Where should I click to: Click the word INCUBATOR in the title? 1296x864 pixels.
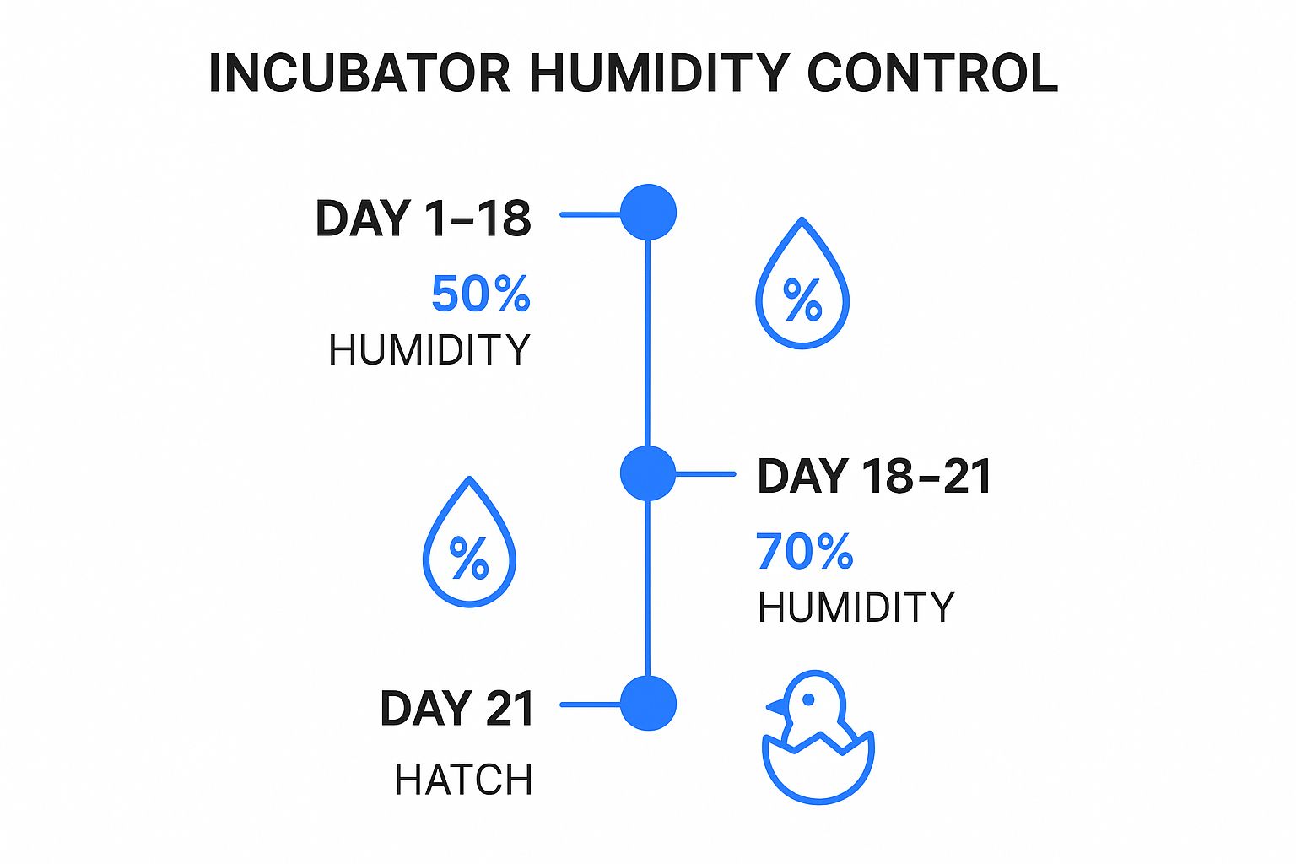pyautogui.click(x=359, y=73)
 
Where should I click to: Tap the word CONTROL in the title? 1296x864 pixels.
pyautogui.click(x=932, y=73)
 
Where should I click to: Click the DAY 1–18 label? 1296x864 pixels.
pyautogui.click(x=423, y=219)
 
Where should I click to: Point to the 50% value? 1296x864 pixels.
pyautogui.click(x=480, y=294)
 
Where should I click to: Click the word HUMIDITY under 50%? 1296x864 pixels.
pyautogui.click(x=429, y=350)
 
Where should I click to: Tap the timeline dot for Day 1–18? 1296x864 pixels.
pyautogui.click(x=648, y=213)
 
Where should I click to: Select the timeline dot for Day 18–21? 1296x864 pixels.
pyautogui.click(x=648, y=473)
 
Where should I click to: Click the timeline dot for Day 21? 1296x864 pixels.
pyautogui.click(x=648, y=704)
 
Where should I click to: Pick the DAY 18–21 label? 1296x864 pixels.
pyautogui.click(x=874, y=476)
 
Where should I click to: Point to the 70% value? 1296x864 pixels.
pyautogui.click(x=804, y=552)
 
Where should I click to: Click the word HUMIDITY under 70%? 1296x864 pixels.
pyautogui.click(x=856, y=607)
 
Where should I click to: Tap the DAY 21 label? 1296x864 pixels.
pyautogui.click(x=456, y=708)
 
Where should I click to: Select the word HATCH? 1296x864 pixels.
pyautogui.click(x=463, y=780)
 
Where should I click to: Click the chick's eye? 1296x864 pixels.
pyautogui.click(x=807, y=699)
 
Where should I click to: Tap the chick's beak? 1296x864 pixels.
pyautogui.click(x=775, y=707)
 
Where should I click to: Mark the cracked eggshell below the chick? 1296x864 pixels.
pyautogui.click(x=818, y=769)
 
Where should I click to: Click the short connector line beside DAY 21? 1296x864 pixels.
pyautogui.click(x=591, y=705)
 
